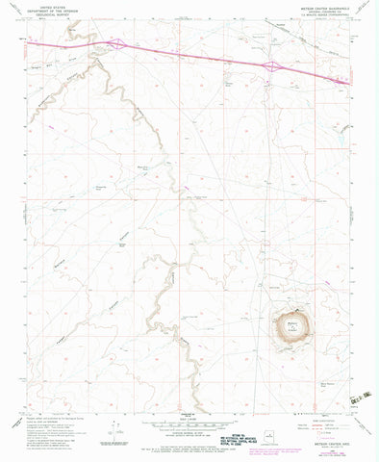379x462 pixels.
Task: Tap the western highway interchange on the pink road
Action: (x=115, y=44)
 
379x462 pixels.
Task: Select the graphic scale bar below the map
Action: (x=189, y=428)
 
